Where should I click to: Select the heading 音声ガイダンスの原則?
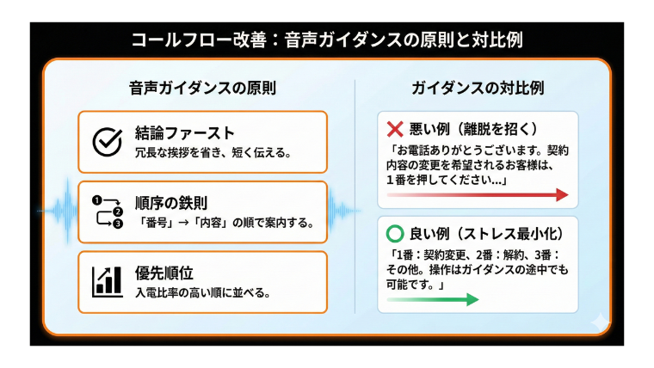[x=203, y=89]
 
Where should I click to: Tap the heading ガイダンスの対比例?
[x=478, y=89]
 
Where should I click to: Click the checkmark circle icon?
[x=108, y=141]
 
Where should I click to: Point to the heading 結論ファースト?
[x=185, y=132]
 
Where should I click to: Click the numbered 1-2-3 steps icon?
[x=108, y=212]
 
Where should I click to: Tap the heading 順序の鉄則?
[x=171, y=203]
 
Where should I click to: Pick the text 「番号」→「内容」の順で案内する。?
[x=225, y=224]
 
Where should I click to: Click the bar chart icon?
[x=108, y=281]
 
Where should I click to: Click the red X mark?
[x=395, y=130]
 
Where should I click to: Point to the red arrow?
[x=478, y=195]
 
